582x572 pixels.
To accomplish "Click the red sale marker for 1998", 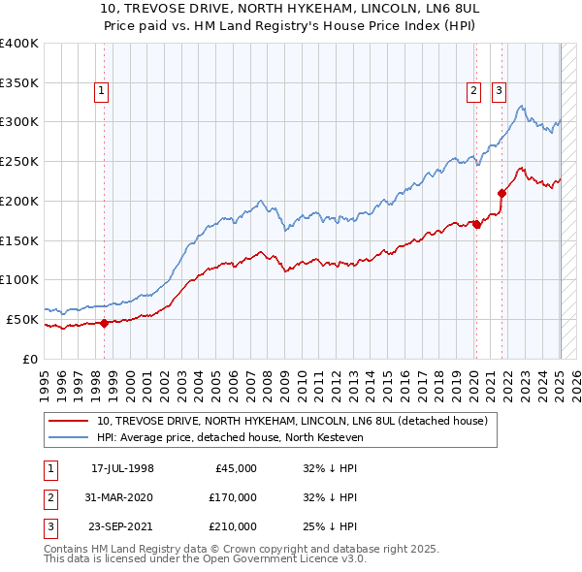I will (x=104, y=324).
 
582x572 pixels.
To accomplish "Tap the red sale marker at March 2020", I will (x=476, y=224).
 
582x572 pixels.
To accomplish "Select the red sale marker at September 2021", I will (x=501, y=193).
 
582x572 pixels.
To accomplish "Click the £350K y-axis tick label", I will (x=19, y=83).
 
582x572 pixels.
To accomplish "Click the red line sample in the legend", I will (x=69, y=421).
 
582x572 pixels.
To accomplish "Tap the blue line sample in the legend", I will (x=69, y=437).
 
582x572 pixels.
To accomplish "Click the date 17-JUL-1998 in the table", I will (x=122, y=468).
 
